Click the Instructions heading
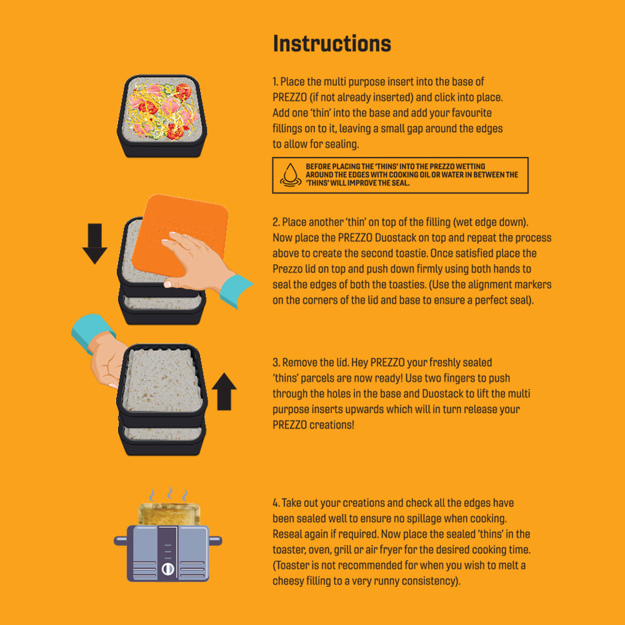332,44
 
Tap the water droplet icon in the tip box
291,175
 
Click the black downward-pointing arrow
94,244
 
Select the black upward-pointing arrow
224,391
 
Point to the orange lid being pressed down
179,235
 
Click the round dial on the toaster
167,569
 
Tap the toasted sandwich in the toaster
169,514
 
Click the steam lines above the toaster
169,494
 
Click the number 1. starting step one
276,82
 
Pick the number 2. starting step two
276,222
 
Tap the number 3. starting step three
276,362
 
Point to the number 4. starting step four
276,502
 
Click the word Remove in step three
299,362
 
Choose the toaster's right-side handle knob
216,541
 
